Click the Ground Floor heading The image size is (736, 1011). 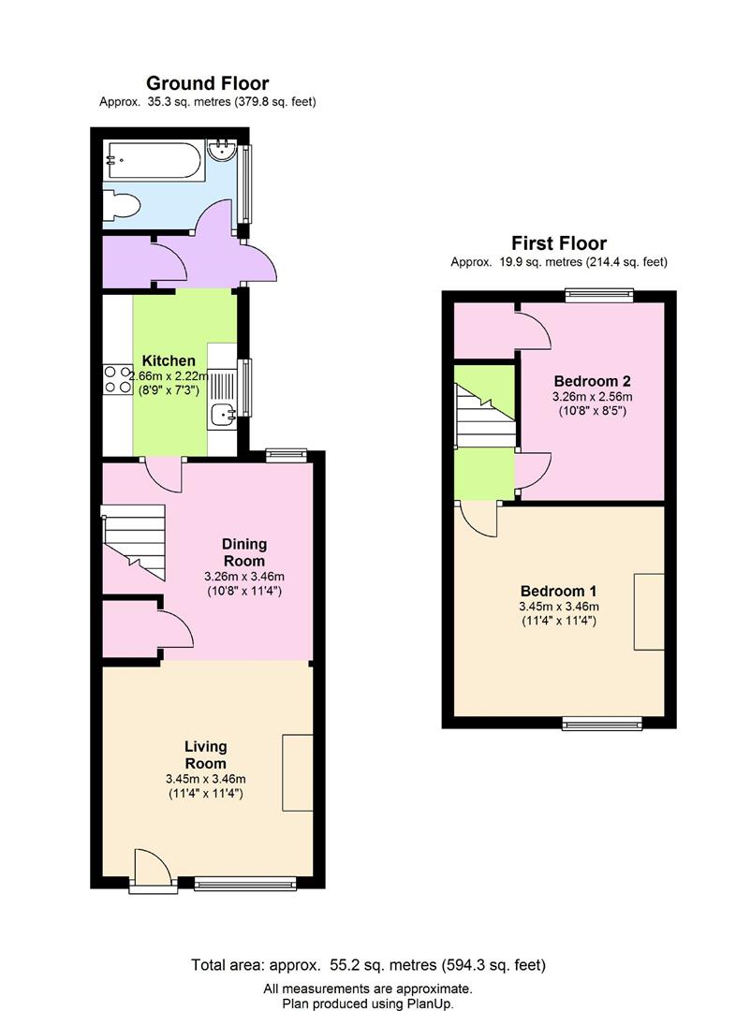207,84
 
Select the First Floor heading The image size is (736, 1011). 558,243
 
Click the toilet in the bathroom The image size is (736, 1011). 122,205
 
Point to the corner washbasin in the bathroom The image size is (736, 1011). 223,152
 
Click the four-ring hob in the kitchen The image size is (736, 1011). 118,379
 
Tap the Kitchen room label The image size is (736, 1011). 169,360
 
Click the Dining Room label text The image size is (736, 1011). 244,552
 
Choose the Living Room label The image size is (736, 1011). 206,755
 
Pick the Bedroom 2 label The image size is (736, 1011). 592,381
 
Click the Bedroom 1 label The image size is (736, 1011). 558,592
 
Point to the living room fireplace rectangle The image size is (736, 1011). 298,772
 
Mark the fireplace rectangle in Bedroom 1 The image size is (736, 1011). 648,611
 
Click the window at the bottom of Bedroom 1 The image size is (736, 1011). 601,723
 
